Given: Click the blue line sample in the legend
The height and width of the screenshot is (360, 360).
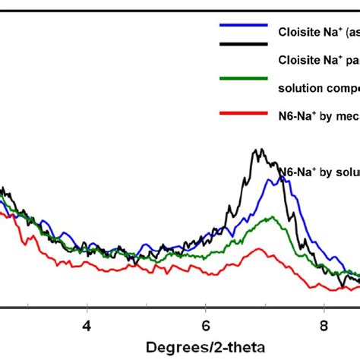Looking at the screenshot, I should tap(243, 27).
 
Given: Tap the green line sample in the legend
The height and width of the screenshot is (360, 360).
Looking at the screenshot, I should tap(243, 78).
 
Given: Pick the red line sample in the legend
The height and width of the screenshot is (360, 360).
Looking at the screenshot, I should tap(243, 113).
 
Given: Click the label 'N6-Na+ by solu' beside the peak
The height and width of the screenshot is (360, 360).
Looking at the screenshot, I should tap(319, 172).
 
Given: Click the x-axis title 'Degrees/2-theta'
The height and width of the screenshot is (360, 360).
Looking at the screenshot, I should tap(206, 346).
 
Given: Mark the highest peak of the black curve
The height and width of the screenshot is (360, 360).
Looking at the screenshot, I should tap(257, 151).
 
